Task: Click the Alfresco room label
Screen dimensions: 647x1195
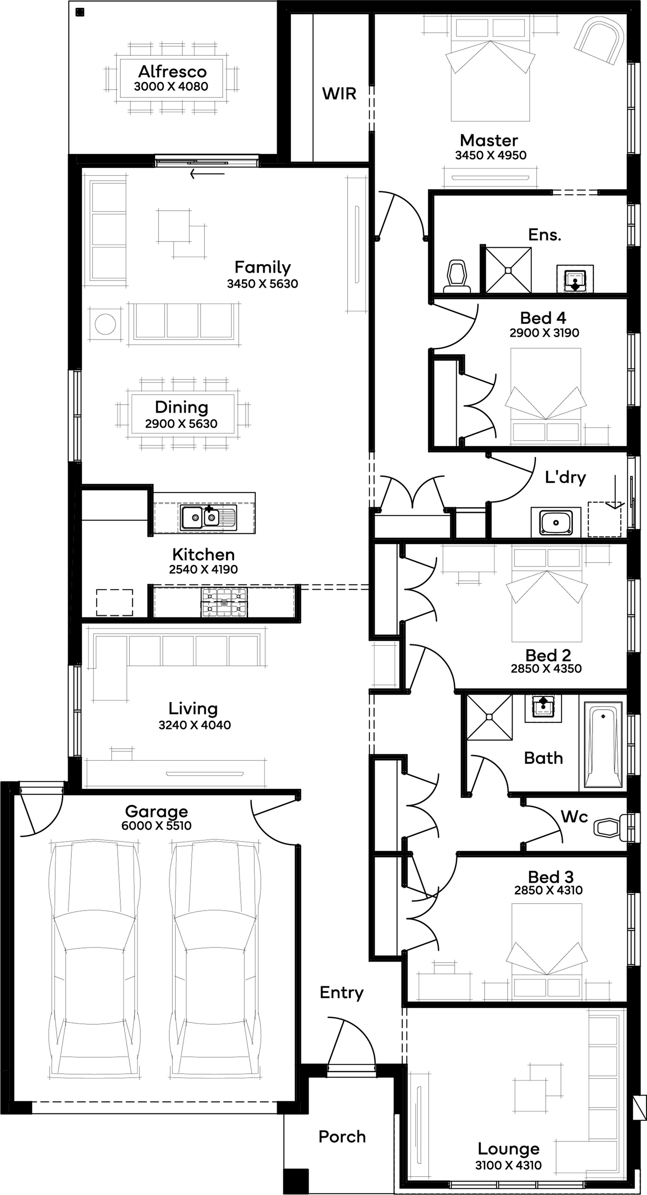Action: (172, 72)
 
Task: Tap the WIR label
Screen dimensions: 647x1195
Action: (339, 94)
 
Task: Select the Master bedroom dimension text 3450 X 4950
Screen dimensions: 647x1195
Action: (491, 155)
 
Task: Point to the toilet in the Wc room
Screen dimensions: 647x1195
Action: (611, 827)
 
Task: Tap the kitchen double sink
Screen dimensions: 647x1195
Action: (209, 518)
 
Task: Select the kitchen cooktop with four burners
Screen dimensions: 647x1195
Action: (224, 602)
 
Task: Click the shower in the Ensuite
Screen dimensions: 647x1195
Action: (508, 270)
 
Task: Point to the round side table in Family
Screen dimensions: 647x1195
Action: (105, 323)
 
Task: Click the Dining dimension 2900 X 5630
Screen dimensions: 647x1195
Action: (181, 423)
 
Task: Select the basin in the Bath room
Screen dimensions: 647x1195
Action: (543, 708)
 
